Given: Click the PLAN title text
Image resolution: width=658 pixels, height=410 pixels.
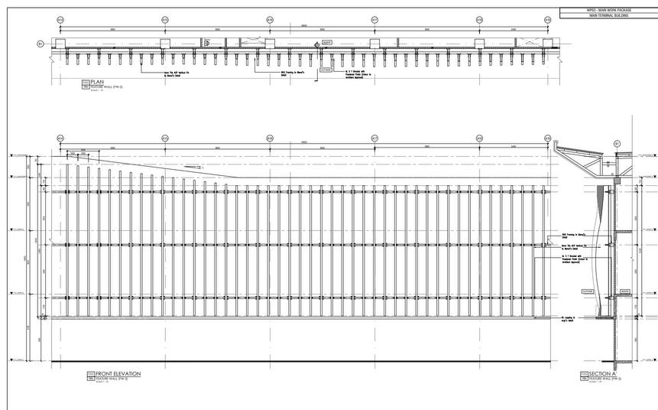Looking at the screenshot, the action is (x=97, y=81).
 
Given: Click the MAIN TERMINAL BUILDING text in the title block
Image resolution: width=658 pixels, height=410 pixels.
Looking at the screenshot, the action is (x=608, y=15).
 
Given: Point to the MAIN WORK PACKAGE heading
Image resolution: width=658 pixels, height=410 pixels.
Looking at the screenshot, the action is (x=608, y=9).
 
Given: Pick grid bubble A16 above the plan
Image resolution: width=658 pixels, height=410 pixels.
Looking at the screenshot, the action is (x=270, y=20).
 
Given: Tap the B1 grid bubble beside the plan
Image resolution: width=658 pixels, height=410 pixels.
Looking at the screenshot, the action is (x=41, y=44).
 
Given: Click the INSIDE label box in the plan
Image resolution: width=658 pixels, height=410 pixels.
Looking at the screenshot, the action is (x=326, y=42).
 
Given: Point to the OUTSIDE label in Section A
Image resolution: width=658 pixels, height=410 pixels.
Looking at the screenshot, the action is (x=588, y=291).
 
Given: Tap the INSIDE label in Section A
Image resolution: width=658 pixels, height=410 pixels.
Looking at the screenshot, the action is (x=625, y=291).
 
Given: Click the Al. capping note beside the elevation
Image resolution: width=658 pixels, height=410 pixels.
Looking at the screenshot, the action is (x=567, y=316).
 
